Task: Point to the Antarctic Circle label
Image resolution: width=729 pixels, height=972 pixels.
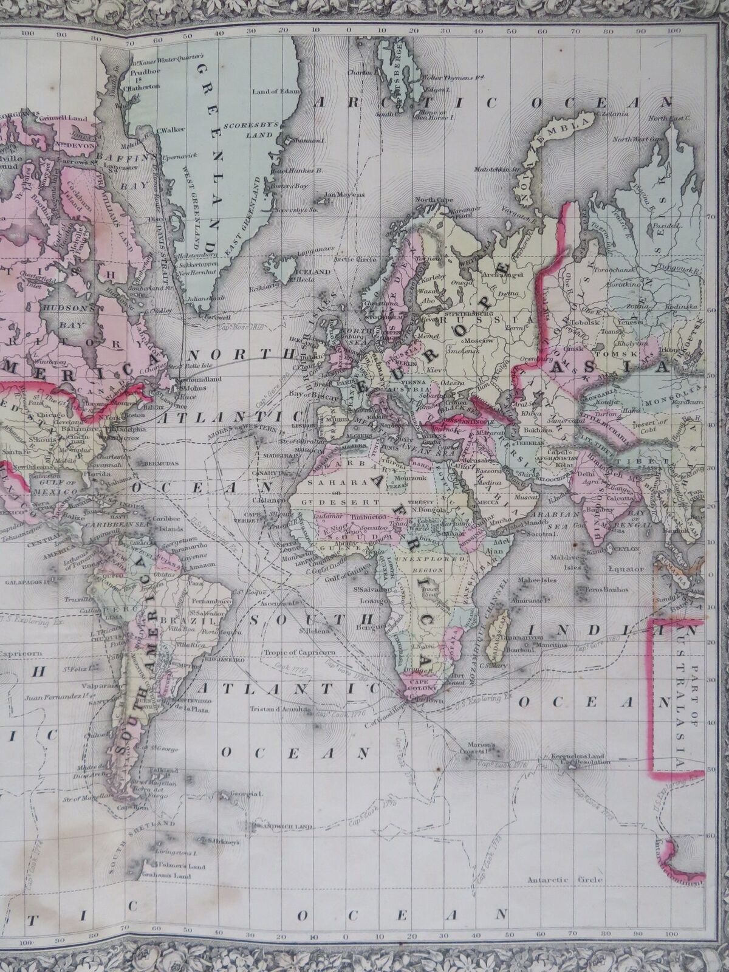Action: click(565, 879)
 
